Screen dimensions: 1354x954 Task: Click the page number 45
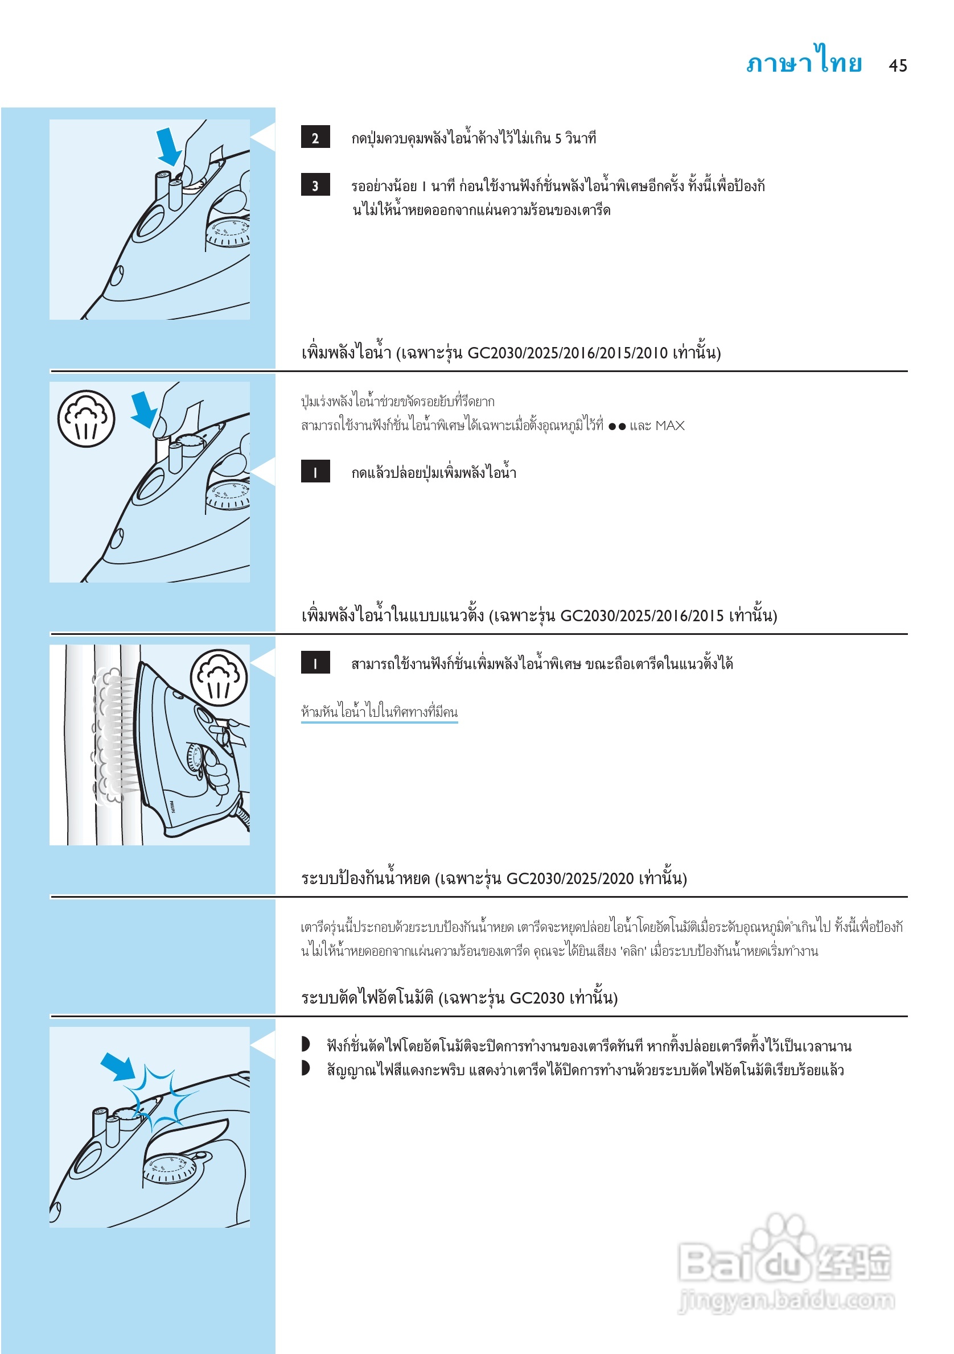897,65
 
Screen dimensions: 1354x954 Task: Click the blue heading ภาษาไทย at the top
804,61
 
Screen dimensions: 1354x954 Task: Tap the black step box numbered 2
315,138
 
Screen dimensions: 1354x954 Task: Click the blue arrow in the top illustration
169,147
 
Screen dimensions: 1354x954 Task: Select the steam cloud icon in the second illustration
86,418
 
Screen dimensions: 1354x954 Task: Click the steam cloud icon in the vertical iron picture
219,678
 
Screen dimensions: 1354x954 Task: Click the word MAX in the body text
669,425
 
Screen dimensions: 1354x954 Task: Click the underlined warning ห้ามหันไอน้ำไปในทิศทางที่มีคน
379,712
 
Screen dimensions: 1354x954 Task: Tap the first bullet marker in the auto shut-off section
306,1045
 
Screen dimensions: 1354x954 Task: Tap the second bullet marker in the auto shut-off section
306,1068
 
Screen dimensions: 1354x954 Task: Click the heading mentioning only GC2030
459,998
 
